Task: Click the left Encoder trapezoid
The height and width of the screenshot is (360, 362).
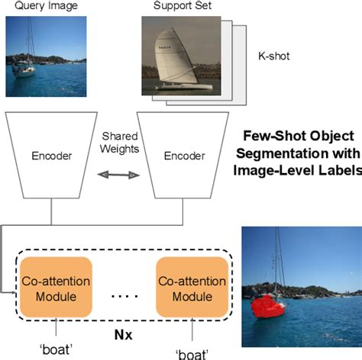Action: (x=51, y=156)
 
